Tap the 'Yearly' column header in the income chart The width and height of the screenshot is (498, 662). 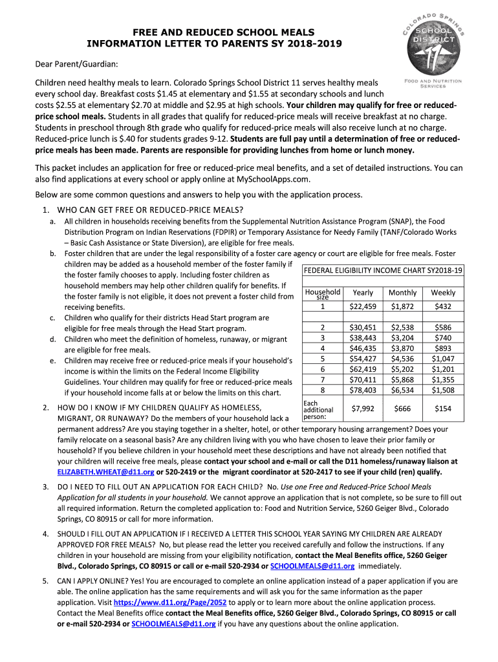click(363, 293)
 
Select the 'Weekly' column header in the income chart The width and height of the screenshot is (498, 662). click(443, 293)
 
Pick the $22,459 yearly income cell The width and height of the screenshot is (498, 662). click(363, 306)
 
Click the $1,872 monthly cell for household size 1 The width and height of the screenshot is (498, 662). click(403, 306)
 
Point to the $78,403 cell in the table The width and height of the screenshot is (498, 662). click(363, 390)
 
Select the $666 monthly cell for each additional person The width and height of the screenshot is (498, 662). click(403, 409)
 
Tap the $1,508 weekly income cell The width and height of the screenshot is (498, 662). click(443, 390)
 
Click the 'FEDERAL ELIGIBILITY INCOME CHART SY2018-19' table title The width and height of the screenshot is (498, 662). click(384, 270)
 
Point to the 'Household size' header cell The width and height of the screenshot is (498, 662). click(323, 294)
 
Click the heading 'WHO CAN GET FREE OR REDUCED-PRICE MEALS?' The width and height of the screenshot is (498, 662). click(150, 209)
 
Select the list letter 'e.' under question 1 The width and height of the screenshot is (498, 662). click(52, 360)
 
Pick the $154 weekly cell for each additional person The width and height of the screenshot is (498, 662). click(443, 409)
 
